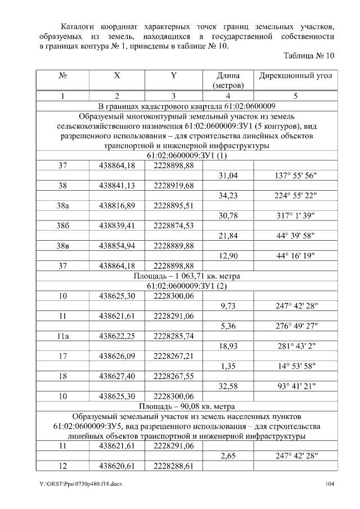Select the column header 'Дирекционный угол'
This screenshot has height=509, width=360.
point(295,75)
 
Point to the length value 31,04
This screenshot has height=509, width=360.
point(228,175)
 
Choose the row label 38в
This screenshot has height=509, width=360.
point(63,246)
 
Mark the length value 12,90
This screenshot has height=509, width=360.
point(228,256)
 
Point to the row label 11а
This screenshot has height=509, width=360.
point(63,336)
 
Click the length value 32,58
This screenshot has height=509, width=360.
point(228,386)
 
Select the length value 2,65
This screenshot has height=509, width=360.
point(228,456)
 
